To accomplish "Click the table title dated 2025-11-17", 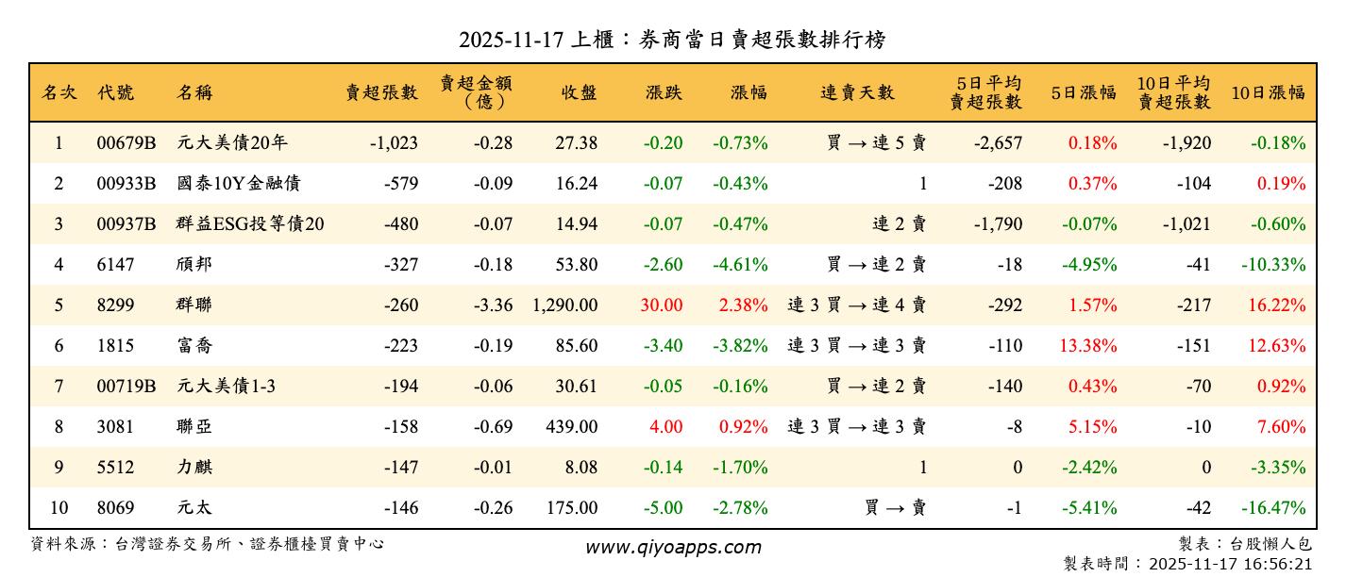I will point(672,40).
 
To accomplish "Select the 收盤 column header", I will point(579,92).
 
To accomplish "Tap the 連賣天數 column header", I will point(857,92).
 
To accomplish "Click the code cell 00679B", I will point(126,143).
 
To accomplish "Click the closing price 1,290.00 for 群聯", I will point(564,305).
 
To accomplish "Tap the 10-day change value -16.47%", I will point(1274,508).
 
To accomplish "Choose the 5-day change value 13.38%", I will point(1088,346).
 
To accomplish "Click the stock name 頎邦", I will point(194,265).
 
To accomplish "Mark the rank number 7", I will point(59,387).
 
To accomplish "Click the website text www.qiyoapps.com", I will point(672,547).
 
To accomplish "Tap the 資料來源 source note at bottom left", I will point(208,544).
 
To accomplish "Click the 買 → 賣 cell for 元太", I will point(894,508).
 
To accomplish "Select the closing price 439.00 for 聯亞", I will point(572,427).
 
